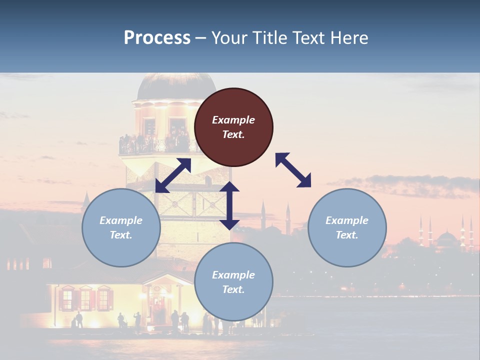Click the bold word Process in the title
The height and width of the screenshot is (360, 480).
[157, 37]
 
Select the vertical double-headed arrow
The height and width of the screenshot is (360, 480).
[229, 205]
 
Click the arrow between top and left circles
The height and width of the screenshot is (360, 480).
[173, 175]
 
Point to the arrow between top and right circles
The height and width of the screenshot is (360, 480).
[293, 170]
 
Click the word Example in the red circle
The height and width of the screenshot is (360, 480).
[233, 120]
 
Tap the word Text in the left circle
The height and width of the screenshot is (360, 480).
[121, 235]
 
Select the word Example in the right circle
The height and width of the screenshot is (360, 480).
[347, 220]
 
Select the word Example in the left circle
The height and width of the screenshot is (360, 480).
[121, 220]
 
